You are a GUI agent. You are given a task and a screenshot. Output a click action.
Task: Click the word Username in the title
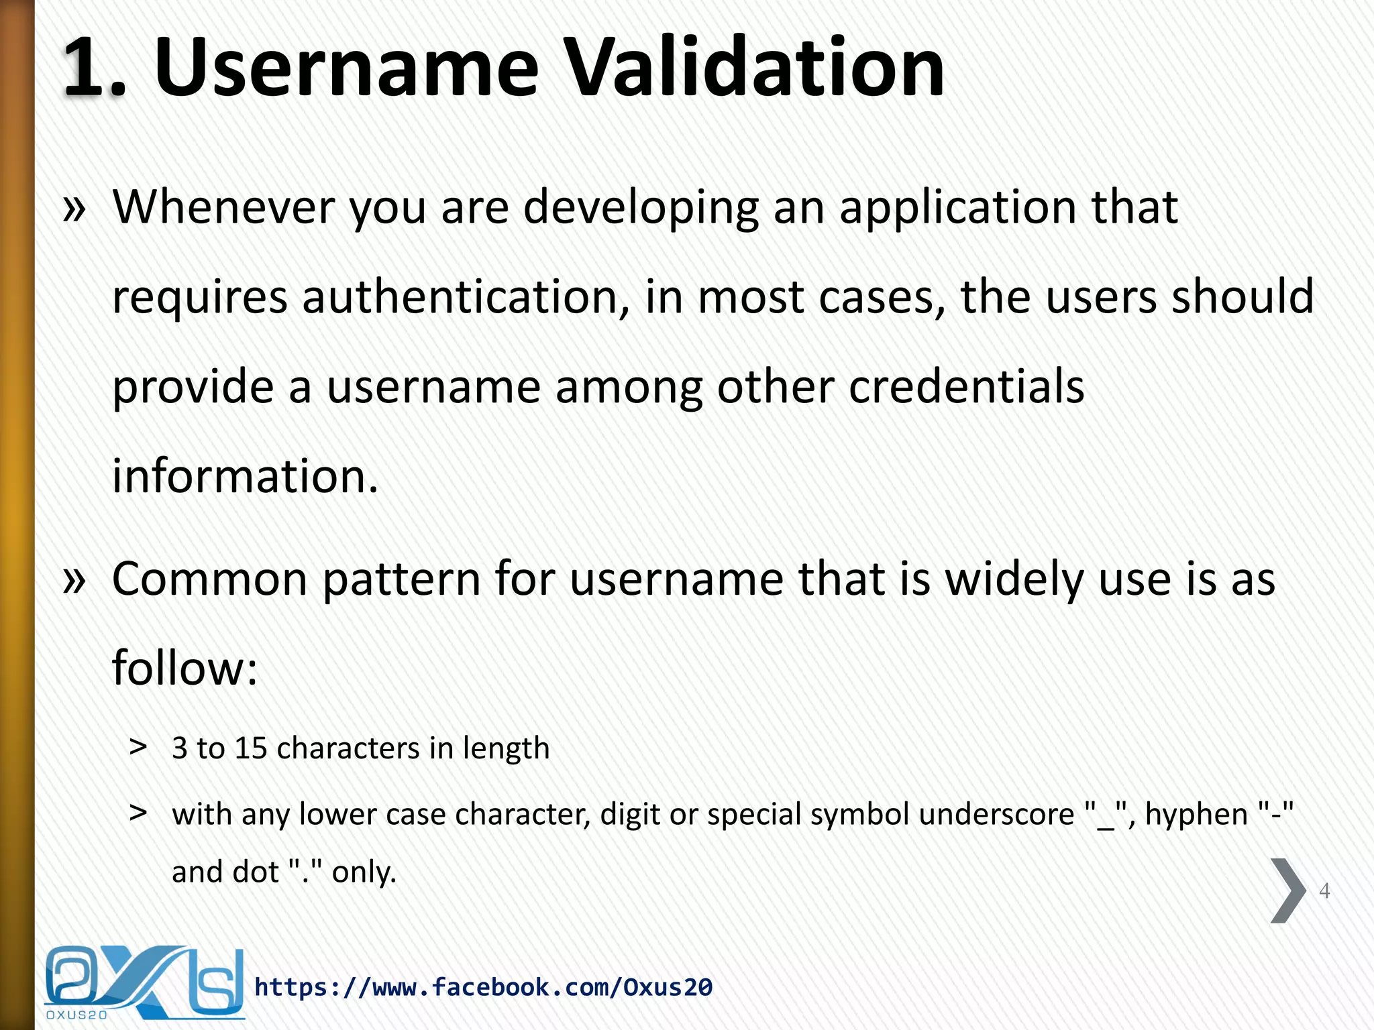point(346,67)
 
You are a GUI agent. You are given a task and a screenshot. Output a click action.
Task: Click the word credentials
point(966,386)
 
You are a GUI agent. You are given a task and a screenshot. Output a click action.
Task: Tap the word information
point(246,476)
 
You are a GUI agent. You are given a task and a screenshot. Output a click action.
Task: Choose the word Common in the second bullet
point(209,579)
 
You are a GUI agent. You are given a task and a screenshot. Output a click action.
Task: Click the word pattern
point(401,581)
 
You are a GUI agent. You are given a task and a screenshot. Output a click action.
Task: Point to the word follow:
point(185,669)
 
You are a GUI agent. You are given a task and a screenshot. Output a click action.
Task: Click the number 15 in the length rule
point(251,748)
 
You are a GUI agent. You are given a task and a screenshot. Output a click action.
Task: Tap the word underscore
point(996,815)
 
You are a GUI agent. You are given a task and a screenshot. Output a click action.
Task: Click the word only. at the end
point(364,872)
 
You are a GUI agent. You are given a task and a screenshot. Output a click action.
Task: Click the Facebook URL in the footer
point(483,987)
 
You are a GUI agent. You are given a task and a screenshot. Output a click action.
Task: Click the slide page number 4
point(1324,891)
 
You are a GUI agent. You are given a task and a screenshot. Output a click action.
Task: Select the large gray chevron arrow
point(1287,891)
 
